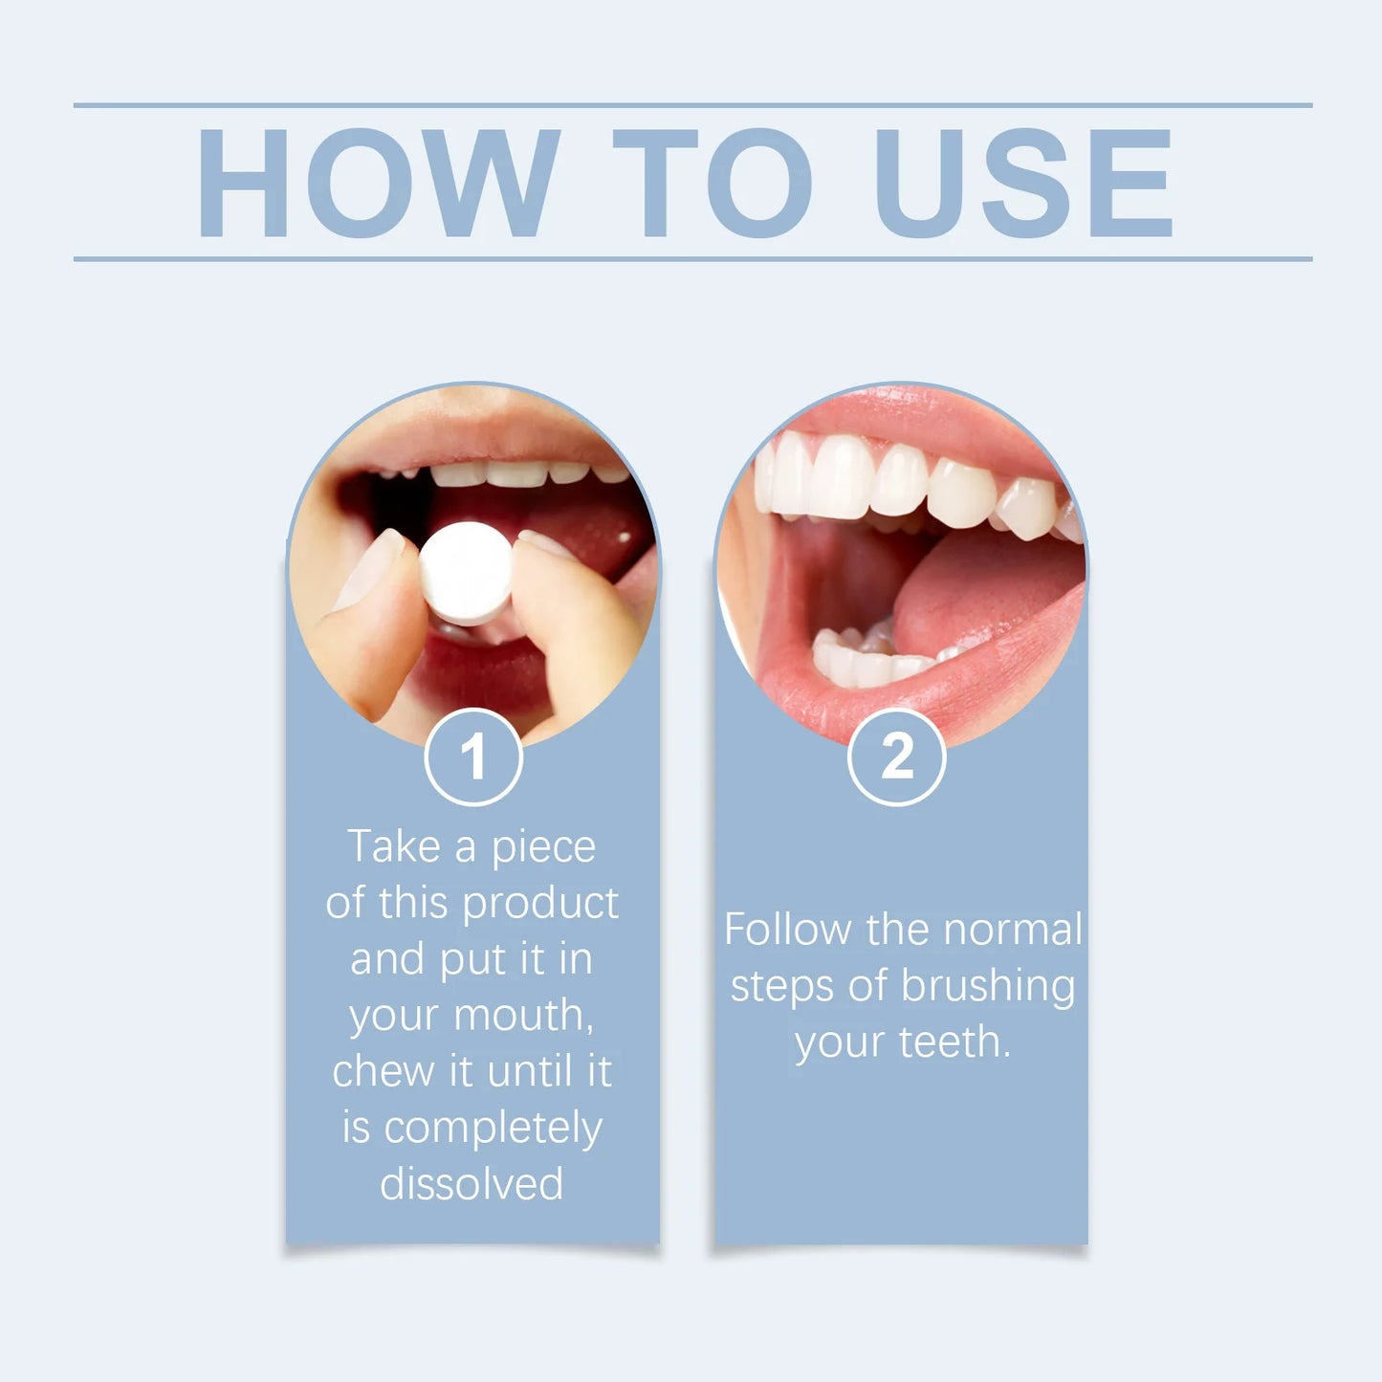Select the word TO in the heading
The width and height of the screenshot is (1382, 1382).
click(713, 183)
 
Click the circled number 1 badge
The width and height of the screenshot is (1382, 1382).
click(472, 757)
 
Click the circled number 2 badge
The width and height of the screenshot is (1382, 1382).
click(896, 757)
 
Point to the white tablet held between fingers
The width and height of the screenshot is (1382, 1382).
click(466, 573)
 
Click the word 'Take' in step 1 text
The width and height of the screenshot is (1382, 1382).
click(393, 846)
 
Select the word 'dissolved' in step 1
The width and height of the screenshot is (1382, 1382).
click(472, 1184)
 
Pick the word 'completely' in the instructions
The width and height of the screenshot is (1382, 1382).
click(493, 1130)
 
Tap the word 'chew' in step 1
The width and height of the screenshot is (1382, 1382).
click(383, 1071)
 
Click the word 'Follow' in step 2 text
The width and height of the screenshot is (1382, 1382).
click(787, 930)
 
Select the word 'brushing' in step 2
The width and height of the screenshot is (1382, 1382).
click(987, 987)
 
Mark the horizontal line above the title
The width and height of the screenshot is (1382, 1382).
click(692, 105)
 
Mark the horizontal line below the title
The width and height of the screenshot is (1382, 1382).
click(692, 258)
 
